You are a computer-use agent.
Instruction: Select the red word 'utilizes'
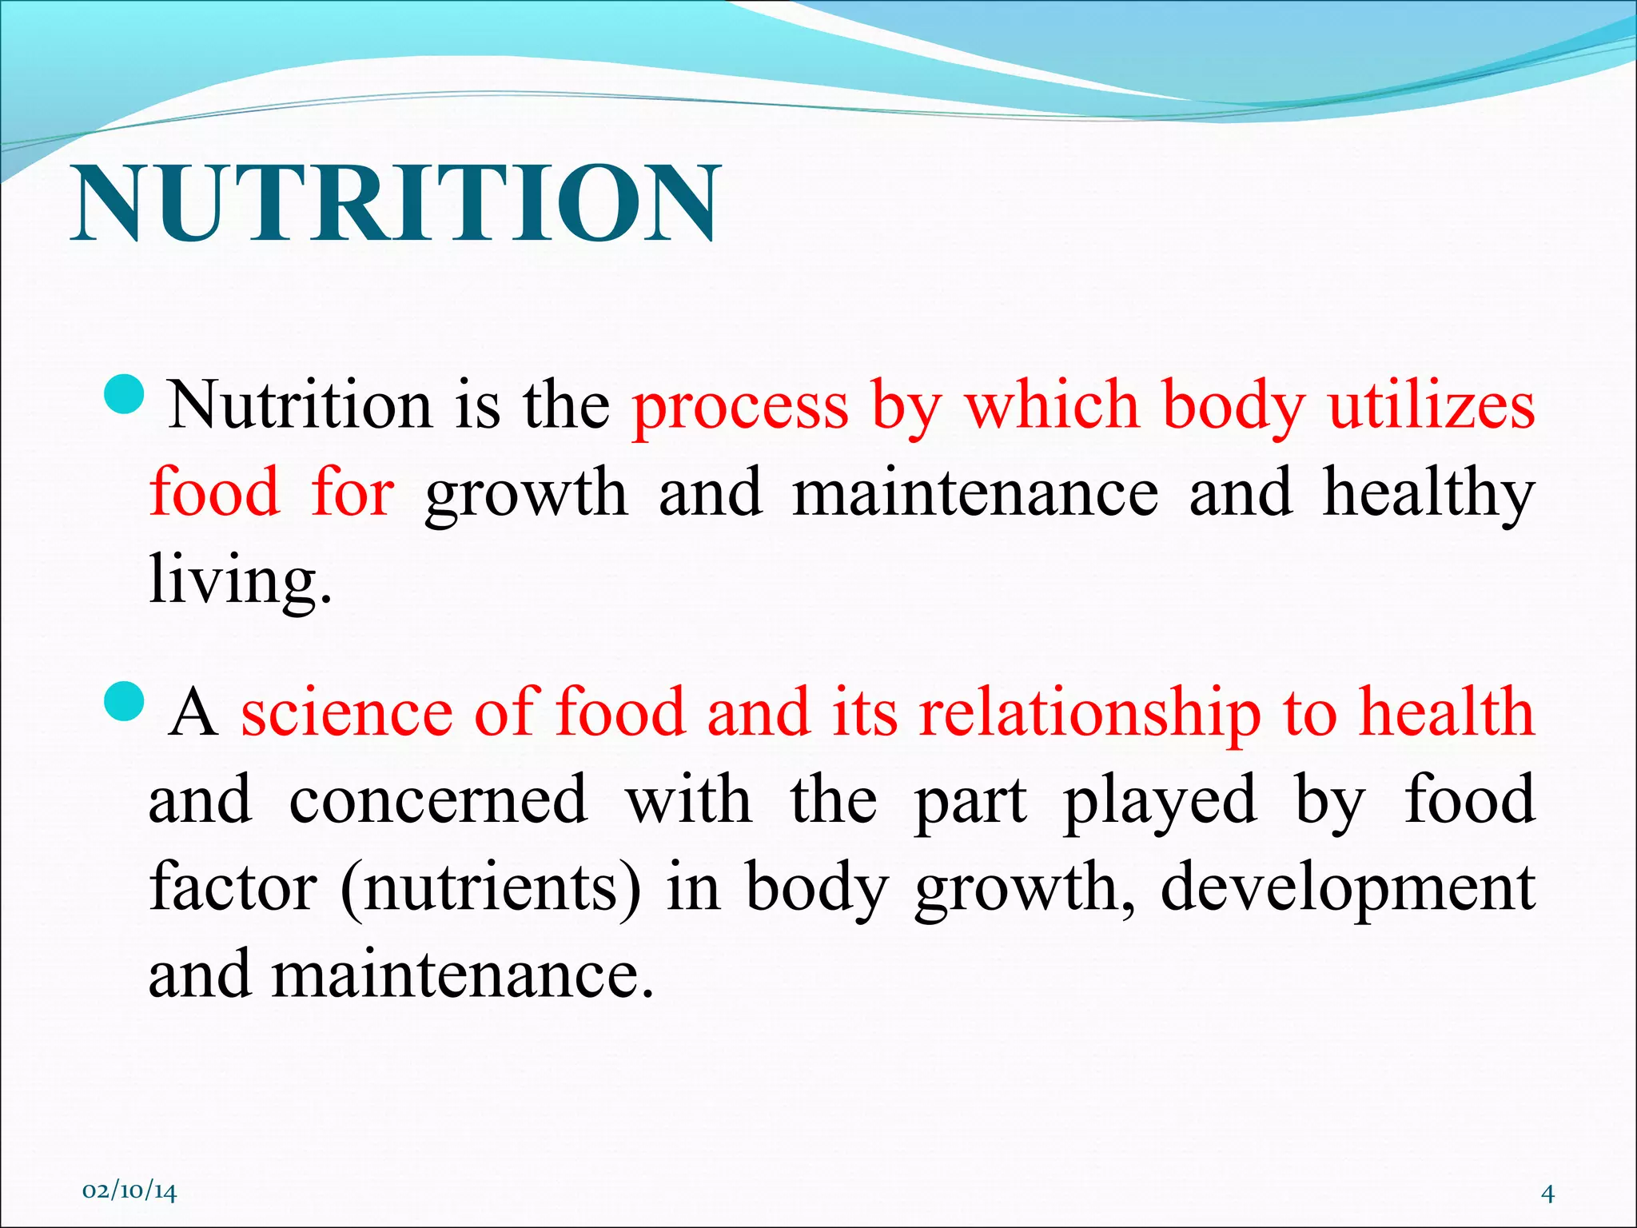click(1431, 406)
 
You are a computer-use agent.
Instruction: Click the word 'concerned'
click(438, 799)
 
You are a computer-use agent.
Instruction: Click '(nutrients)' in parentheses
click(490, 889)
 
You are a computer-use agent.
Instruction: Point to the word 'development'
click(1347, 889)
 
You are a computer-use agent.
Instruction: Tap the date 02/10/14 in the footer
click(129, 1192)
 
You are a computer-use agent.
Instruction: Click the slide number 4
click(1547, 1194)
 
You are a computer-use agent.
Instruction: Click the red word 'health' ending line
click(1447, 712)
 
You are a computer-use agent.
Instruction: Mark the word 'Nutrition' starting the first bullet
click(301, 406)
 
